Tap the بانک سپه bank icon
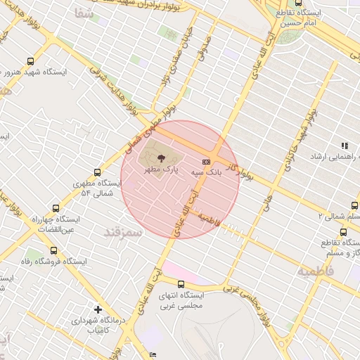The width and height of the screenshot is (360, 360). (x=205, y=162)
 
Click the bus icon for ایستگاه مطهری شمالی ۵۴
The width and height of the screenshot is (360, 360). (x=97, y=172)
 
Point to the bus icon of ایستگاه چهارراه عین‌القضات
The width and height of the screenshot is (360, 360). (x=56, y=208)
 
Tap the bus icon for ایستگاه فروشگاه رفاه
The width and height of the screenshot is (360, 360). (x=53, y=250)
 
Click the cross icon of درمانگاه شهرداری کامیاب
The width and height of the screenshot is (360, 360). (x=98, y=309)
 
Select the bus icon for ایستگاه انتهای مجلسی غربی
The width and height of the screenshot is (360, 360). (x=181, y=284)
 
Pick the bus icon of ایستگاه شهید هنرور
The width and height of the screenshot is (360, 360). (x=30, y=62)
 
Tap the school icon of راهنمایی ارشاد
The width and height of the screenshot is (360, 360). (x=345, y=146)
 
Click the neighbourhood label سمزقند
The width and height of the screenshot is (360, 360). (x=123, y=231)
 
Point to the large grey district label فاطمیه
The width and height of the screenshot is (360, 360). (x=313, y=271)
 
